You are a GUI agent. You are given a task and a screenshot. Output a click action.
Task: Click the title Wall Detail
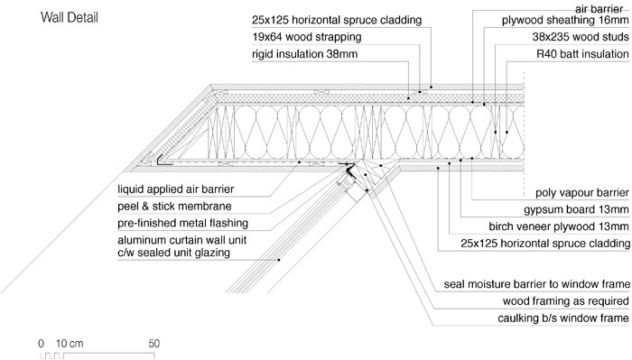pos(70,18)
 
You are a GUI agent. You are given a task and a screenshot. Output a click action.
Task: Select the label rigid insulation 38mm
pos(305,54)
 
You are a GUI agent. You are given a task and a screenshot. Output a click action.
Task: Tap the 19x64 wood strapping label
pos(307,37)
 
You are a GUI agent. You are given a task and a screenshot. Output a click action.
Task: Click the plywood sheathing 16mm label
pos(565,20)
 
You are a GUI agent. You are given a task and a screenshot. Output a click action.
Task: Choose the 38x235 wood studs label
pos(581,37)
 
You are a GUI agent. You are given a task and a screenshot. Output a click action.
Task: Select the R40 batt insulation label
pos(582,54)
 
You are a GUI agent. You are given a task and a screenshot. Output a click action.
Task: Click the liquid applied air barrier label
pos(176,189)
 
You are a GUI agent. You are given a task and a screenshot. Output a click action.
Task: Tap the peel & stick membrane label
pos(174,207)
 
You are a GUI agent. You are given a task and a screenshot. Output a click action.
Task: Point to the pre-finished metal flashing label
pos(183,224)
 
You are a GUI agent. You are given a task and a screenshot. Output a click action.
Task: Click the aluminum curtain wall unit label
pos(181,240)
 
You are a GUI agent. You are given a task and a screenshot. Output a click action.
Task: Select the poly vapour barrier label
pos(582,193)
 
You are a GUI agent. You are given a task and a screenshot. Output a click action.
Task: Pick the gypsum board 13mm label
pos(576,210)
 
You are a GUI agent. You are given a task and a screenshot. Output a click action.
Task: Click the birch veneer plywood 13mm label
pos(559,226)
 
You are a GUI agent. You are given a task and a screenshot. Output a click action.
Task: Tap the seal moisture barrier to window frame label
pos(537,284)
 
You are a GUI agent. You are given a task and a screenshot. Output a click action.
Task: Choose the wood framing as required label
pos(566,301)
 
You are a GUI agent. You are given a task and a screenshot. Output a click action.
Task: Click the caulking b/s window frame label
pos(563,318)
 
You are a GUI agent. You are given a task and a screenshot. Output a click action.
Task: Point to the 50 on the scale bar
pos(154,344)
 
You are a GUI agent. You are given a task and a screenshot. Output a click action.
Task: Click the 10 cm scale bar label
pos(70,344)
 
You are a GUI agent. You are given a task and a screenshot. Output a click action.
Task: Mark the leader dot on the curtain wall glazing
pos(278,260)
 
